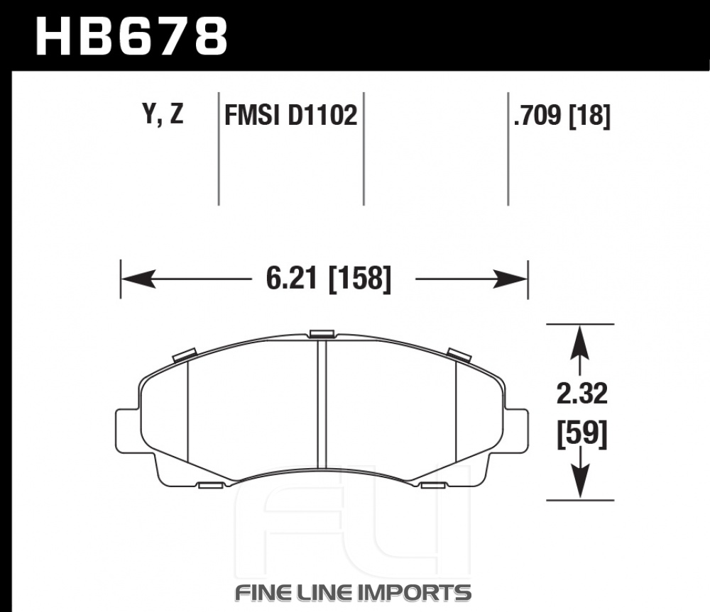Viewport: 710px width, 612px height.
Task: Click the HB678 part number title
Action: click(131, 36)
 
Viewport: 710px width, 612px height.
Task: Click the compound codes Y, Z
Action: click(163, 114)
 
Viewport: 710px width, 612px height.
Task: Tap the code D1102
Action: click(322, 115)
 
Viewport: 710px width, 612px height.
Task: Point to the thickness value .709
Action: click(537, 115)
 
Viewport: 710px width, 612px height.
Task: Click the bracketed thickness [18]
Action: click(589, 116)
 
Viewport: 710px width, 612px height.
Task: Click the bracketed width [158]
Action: click(359, 279)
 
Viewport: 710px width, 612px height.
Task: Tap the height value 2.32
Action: click(581, 394)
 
